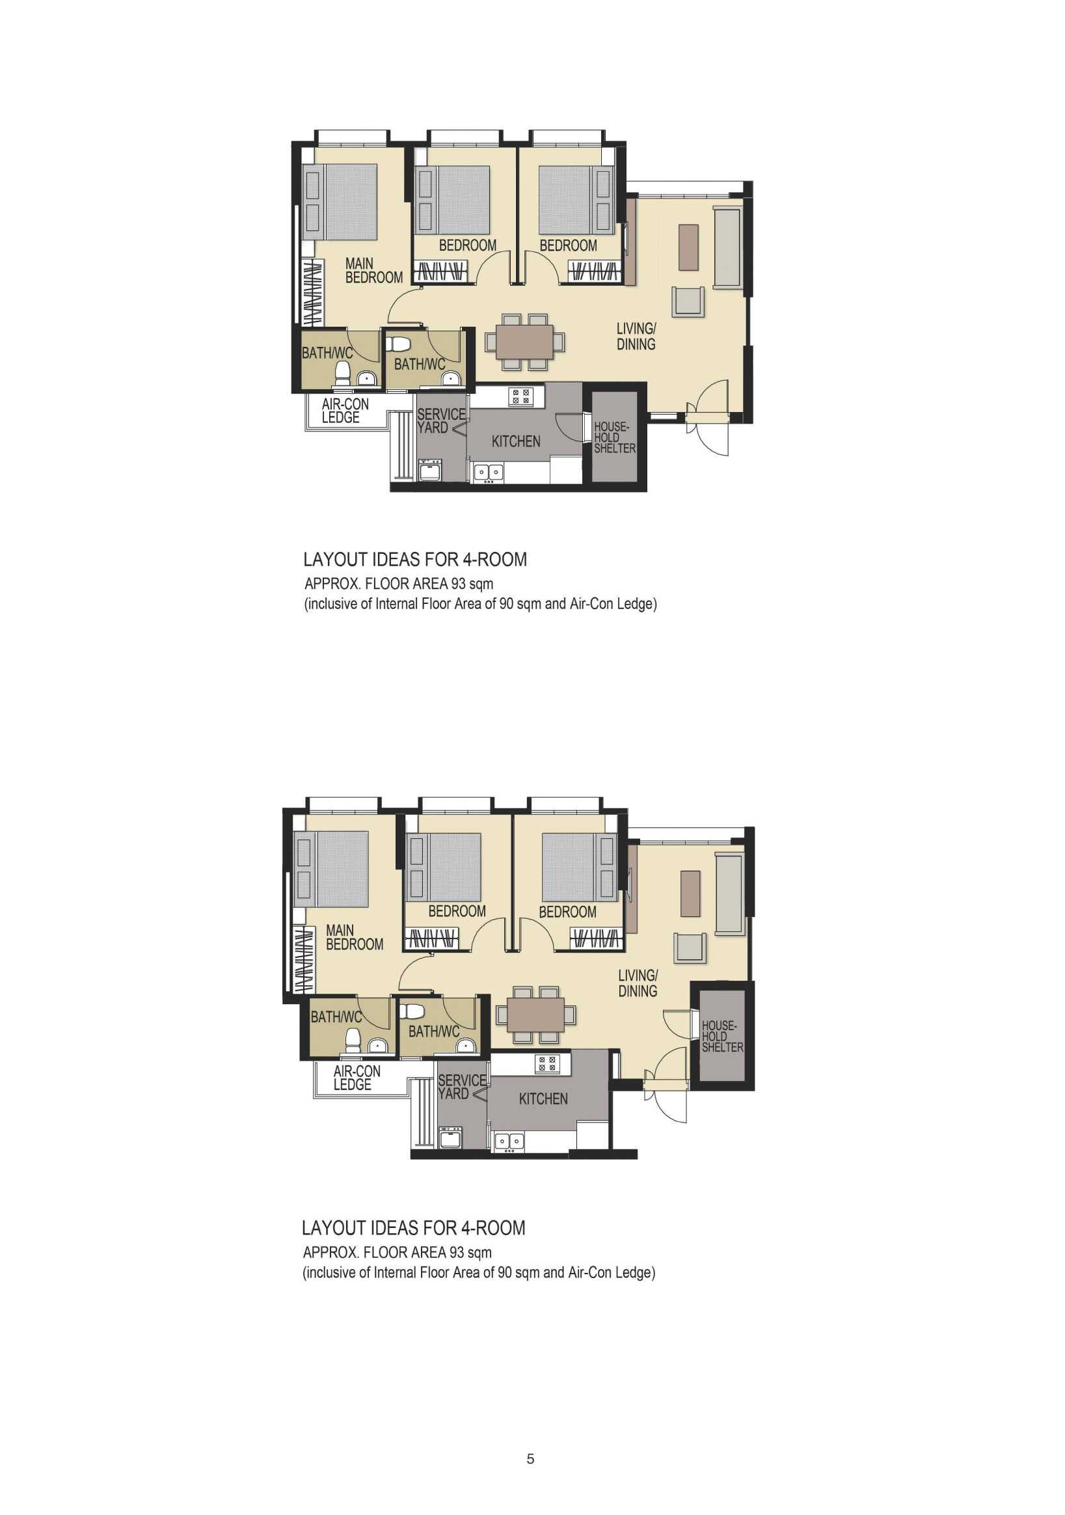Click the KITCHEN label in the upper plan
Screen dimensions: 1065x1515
coord(515,441)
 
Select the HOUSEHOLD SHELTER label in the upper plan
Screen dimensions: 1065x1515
coord(614,437)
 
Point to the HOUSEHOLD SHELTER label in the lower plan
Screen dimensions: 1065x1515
coord(722,1036)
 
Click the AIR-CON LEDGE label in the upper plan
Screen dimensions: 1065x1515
coord(344,411)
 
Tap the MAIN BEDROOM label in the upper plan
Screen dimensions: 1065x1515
coord(373,271)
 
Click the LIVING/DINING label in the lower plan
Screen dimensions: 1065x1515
coord(638,983)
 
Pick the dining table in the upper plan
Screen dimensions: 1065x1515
coord(524,342)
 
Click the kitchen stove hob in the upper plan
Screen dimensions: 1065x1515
coord(520,396)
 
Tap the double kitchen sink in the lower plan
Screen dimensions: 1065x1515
coord(509,1141)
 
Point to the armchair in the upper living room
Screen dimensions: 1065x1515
coord(688,301)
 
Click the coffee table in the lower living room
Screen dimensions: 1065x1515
coord(690,894)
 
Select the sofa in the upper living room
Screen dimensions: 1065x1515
coord(728,247)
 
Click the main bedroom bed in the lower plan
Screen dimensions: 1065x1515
coord(331,869)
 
